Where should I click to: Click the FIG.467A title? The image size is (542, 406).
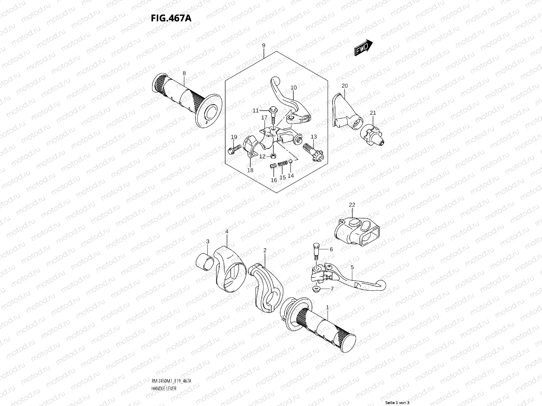click(x=171, y=18)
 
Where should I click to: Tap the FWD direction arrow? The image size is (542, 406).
click(x=363, y=48)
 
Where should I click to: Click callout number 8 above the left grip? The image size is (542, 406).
click(x=184, y=73)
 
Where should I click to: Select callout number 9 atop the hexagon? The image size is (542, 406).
click(x=264, y=46)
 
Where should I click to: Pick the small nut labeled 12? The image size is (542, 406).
click(x=273, y=156)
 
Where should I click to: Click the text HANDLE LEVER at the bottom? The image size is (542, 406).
click(x=164, y=369)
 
